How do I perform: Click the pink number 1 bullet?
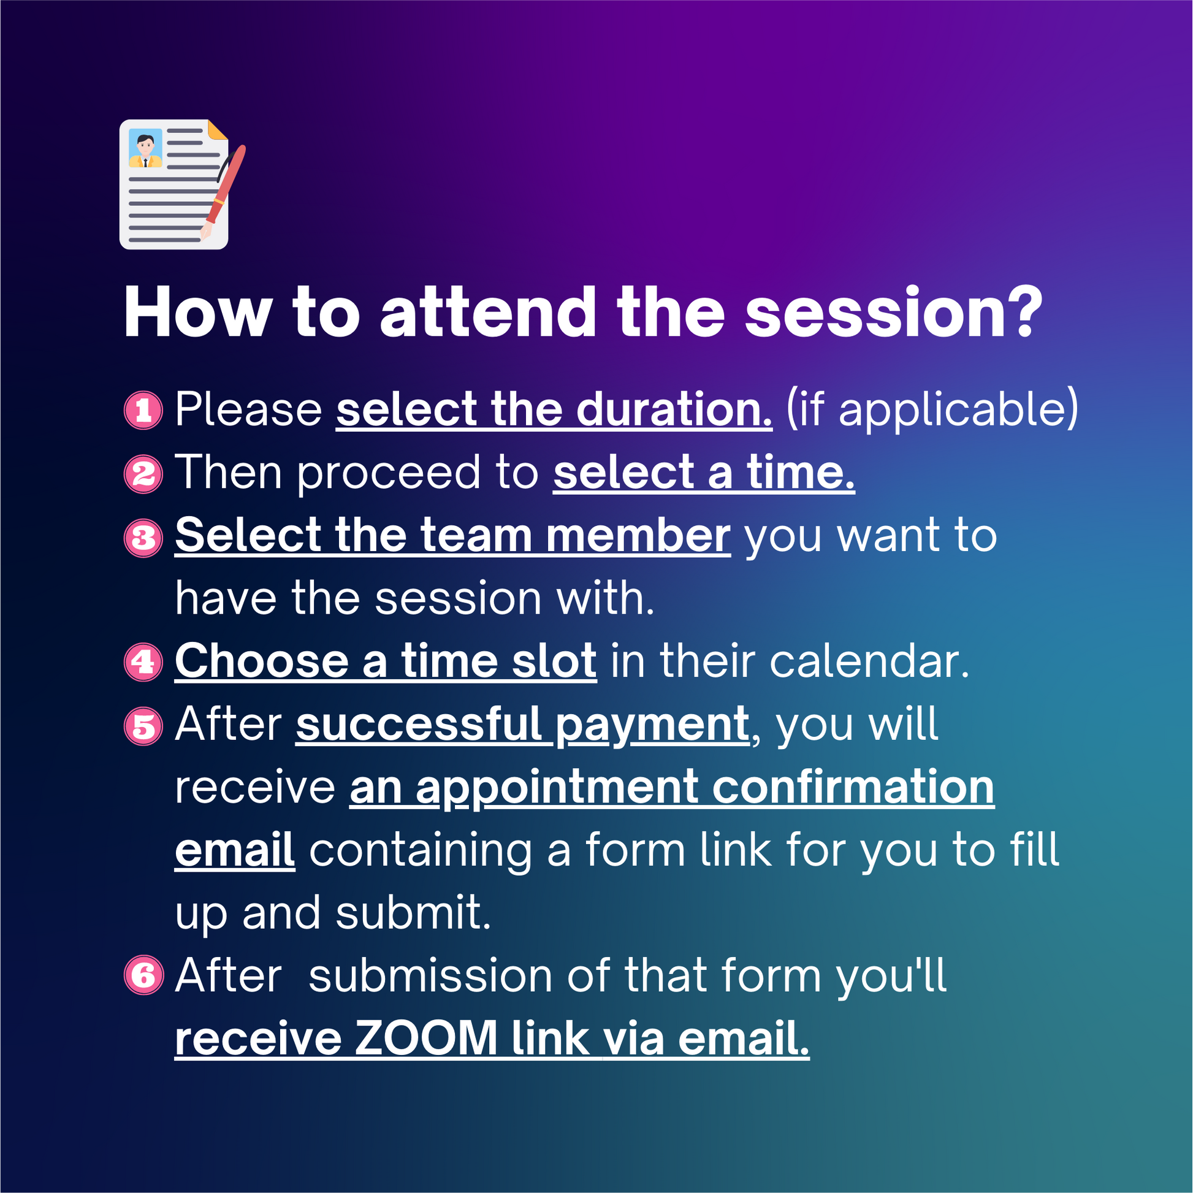143,410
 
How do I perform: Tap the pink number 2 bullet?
143,474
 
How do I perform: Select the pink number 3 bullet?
143,537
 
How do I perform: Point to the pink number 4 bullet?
143,663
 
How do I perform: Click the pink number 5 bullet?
143,726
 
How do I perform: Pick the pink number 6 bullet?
143,975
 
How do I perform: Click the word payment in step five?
652,727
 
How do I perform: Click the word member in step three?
638,535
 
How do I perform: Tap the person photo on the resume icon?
146,148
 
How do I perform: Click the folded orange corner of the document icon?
218,130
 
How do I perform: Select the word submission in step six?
430,976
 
